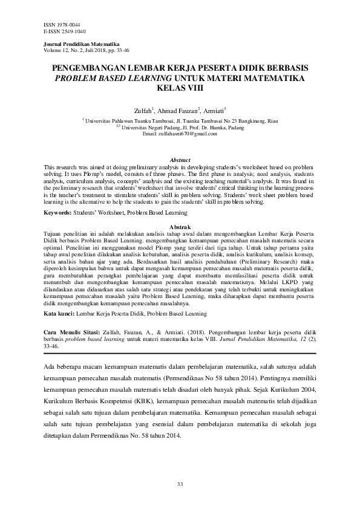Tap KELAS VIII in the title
click(x=180, y=88)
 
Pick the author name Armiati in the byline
click(x=214, y=110)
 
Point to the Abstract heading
click(x=179, y=160)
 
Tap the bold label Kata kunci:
click(x=61, y=314)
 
